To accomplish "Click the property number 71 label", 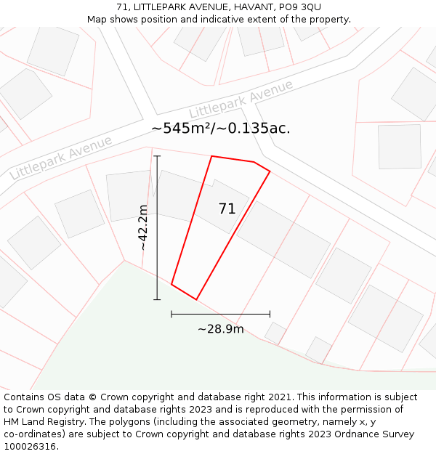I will [x=227, y=209].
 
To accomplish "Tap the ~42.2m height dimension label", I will [x=143, y=227].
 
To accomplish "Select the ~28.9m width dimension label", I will [x=221, y=329].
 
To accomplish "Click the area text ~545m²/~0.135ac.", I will [x=220, y=129].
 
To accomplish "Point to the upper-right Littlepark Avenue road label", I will [x=241, y=100].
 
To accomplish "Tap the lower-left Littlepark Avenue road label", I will [x=61, y=158].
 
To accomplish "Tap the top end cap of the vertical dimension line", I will [x=157, y=155].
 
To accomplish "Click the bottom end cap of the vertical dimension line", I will [x=157, y=299].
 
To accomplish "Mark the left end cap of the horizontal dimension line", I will [x=171, y=314].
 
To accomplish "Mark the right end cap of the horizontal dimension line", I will [x=270, y=314].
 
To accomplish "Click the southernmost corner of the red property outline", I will [x=196, y=299].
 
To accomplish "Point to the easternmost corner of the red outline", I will [x=270, y=171].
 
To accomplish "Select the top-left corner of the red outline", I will [x=211, y=156].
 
